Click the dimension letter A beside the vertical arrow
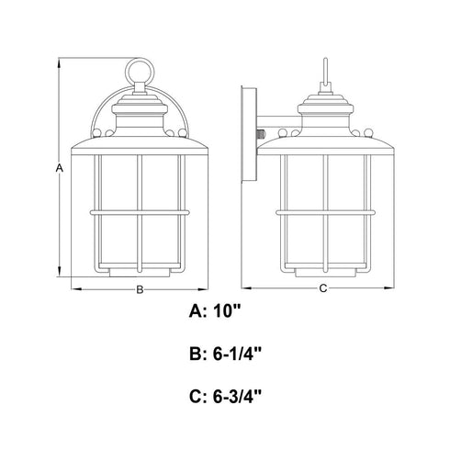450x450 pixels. click(60, 168)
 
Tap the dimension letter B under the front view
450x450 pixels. click(140, 289)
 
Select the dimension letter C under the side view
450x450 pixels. click(323, 288)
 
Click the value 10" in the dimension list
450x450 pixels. click(227, 311)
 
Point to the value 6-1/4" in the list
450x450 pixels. click(237, 354)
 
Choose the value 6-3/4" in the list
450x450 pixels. click(237, 397)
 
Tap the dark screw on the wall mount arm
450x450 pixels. click(260, 134)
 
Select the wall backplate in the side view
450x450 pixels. click(249, 134)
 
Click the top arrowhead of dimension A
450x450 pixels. click(59, 62)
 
